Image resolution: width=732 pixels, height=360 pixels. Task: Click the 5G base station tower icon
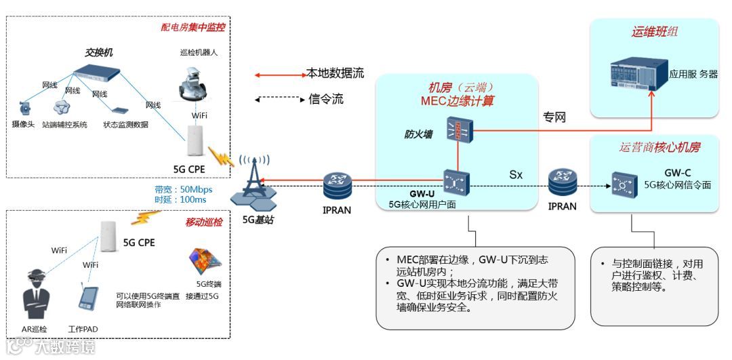tap(252, 183)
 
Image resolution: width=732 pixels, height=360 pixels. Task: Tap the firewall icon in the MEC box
tap(459, 129)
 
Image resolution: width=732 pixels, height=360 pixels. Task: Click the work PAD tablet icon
tap(87, 300)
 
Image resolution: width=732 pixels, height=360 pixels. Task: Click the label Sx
tap(516, 174)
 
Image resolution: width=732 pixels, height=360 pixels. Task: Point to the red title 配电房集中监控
tap(192, 28)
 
